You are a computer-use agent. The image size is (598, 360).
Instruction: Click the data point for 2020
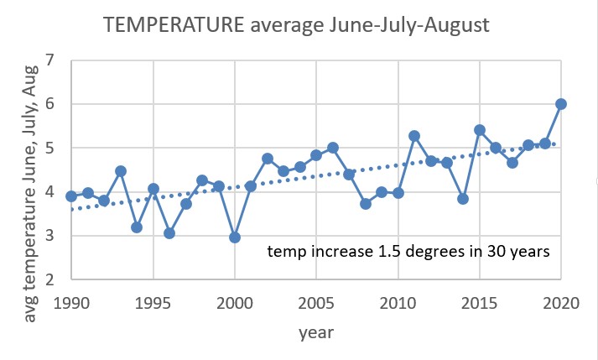click(561, 104)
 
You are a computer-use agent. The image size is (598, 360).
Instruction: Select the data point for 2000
click(235, 237)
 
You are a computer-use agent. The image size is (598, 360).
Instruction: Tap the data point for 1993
click(120, 171)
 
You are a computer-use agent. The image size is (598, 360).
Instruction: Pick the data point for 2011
click(414, 136)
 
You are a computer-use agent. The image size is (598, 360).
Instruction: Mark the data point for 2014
click(463, 199)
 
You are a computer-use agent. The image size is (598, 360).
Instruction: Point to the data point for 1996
click(169, 233)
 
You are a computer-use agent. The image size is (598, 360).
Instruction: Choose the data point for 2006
click(333, 148)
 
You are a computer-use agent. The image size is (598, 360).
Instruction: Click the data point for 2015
click(480, 130)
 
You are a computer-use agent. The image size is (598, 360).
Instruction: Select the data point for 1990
click(71, 196)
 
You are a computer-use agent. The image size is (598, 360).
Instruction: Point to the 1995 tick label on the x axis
click(153, 300)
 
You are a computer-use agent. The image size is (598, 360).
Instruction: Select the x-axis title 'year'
click(316, 332)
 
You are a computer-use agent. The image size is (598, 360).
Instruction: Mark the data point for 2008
click(366, 204)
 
